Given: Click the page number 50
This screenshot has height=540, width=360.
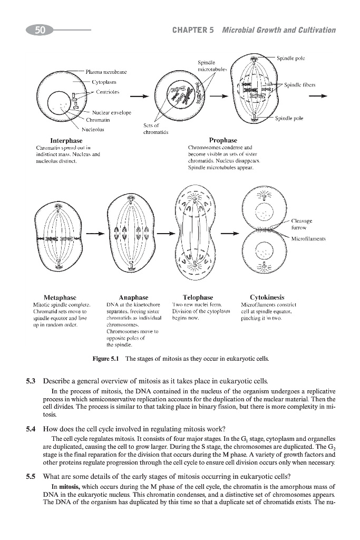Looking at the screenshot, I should click(40, 30).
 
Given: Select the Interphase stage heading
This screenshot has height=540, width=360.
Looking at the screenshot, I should click(66, 141).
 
